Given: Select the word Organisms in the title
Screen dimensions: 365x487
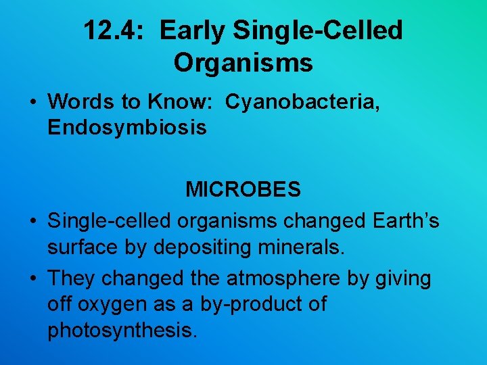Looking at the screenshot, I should (243, 63).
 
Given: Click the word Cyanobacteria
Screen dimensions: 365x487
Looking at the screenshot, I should (302, 101).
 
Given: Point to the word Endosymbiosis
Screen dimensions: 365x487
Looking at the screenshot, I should (127, 127).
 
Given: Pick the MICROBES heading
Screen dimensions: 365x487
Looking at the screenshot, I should (243, 190).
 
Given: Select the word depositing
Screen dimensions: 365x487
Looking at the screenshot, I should (202, 247).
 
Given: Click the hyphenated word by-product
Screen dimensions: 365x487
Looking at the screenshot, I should (250, 304).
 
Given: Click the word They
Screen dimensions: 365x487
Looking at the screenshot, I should (71, 278).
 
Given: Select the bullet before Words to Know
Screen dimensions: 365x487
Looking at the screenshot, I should (32, 102).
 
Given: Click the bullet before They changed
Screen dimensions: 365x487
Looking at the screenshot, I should (32, 279).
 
